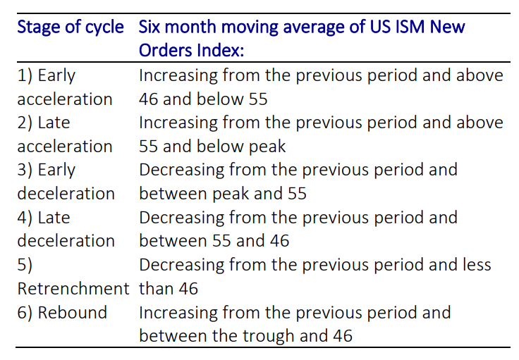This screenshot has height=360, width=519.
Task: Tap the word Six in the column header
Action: pyautogui.click(x=149, y=27)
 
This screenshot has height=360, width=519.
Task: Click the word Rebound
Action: pyautogui.click(x=72, y=312)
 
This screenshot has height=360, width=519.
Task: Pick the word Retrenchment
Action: pyautogui.click(x=73, y=289)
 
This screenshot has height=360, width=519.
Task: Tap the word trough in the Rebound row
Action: pyautogui.click(x=269, y=337)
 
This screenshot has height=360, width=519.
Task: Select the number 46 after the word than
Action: pyautogui.click(x=188, y=289)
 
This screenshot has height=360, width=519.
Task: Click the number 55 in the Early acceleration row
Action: pyautogui.click(x=258, y=99)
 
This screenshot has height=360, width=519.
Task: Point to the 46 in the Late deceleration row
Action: pyautogui.click(x=279, y=241)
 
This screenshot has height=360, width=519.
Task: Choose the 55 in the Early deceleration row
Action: pyautogui.click(x=297, y=194)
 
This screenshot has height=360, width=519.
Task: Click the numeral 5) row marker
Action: pyautogui.click(x=25, y=265)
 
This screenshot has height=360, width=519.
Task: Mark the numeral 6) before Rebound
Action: pyautogui.click(x=25, y=313)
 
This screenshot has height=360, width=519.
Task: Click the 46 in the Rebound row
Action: pyautogui.click(x=343, y=336)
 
